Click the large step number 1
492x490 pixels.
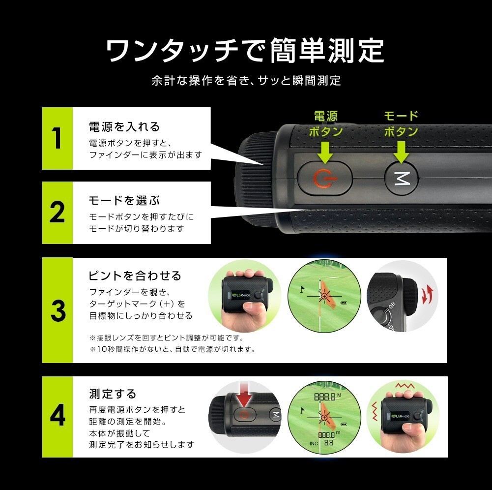tap(57, 138)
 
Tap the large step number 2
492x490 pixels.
tap(57, 213)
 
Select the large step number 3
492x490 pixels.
tap(58, 310)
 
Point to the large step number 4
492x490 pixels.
tap(58, 415)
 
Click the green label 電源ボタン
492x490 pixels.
tap(326, 124)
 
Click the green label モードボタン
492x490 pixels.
tap(402, 124)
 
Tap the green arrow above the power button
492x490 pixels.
tap(325, 153)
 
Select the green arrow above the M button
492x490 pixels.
tap(402, 153)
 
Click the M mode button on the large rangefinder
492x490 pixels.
tap(402, 179)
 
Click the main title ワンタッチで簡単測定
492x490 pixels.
tap(245, 50)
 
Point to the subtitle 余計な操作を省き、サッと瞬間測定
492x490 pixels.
tap(246, 81)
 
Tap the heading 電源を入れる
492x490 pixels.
tap(124, 127)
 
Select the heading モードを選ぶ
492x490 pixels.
tap(124, 200)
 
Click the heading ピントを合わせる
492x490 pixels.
tap(135, 276)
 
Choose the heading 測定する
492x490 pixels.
tap(113, 394)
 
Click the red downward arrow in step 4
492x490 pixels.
tap(244, 395)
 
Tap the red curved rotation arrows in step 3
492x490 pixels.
tap(427, 295)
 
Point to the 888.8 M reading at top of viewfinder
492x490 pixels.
tap(327, 397)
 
